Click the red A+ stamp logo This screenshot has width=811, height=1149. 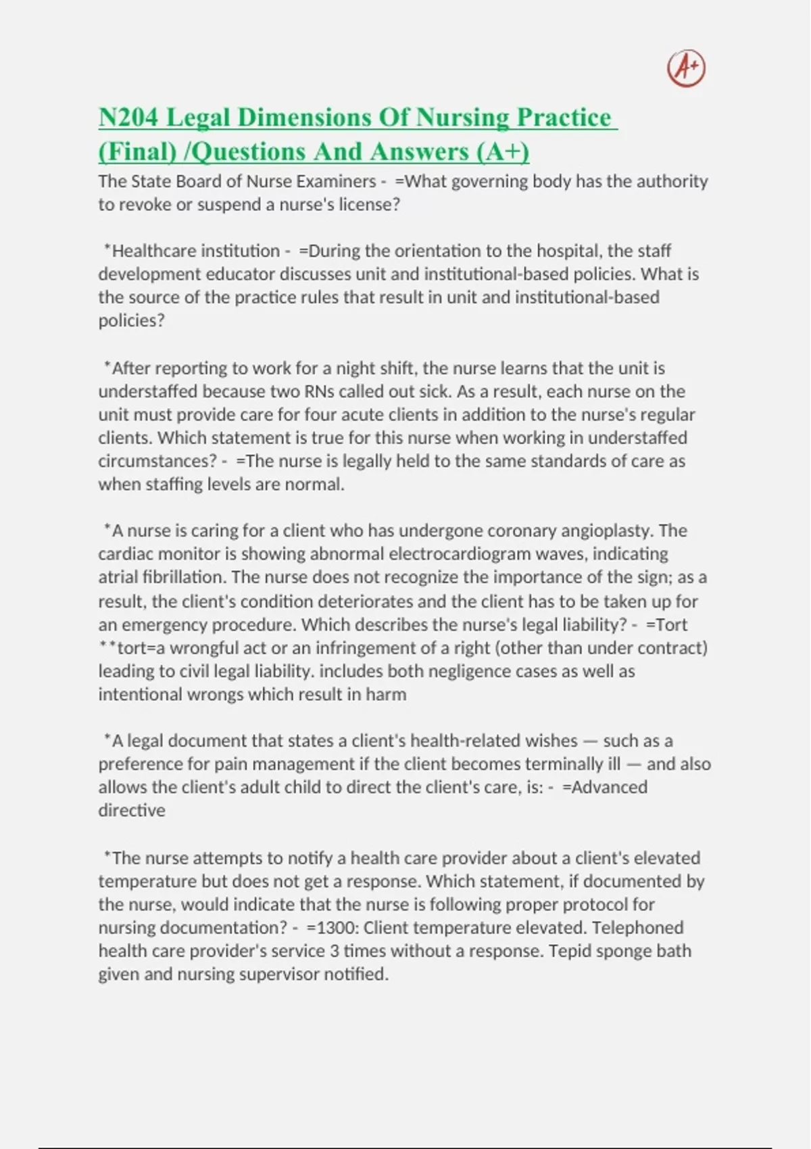click(686, 68)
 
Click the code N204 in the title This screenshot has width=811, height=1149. click(128, 118)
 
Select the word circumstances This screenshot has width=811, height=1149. click(157, 461)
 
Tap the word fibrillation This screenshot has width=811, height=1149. click(184, 577)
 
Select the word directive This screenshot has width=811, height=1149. click(132, 810)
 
